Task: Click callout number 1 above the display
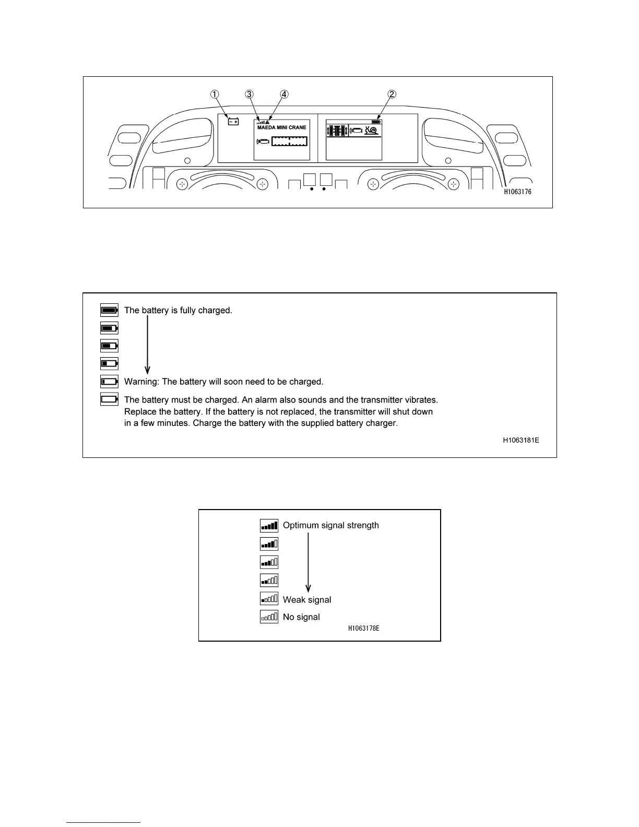[x=215, y=94]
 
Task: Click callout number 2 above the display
[x=392, y=94]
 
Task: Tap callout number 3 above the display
[x=250, y=94]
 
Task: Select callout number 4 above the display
[x=284, y=94]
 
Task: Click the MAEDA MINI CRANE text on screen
[x=282, y=127]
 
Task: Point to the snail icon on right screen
[x=372, y=130]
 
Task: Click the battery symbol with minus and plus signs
[x=233, y=122]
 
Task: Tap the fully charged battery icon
[x=109, y=310]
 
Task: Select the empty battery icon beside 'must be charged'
[x=109, y=399]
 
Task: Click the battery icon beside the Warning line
[x=109, y=382]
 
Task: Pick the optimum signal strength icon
[x=269, y=525]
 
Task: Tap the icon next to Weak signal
[x=269, y=599]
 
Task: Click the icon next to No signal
[x=269, y=617]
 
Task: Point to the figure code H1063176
[x=517, y=192]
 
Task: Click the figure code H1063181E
[x=520, y=440]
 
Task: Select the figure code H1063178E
[x=363, y=628]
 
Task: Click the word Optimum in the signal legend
[x=301, y=525]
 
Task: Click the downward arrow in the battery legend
[x=148, y=345]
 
